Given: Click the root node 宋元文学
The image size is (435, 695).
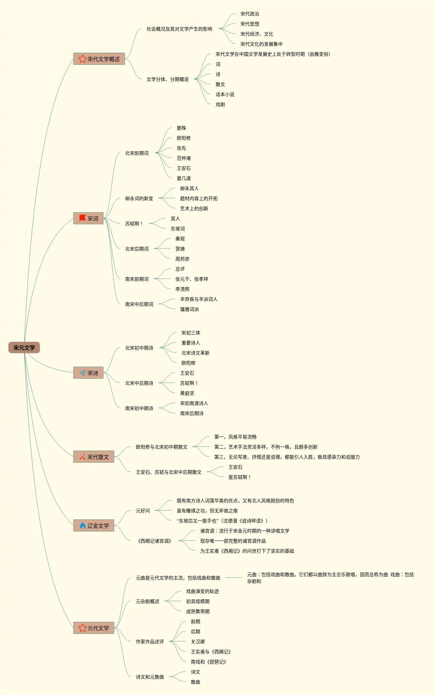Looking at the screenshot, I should (24, 347).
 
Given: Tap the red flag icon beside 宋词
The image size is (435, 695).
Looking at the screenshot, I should (82, 218).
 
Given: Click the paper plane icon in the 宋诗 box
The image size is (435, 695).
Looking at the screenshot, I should (83, 373).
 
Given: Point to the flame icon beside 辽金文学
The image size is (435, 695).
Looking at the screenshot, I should (83, 525).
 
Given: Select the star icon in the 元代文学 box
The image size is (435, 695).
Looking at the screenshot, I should (83, 628).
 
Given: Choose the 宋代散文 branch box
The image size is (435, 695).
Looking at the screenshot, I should (94, 457).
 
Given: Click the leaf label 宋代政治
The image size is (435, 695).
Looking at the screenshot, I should (250, 14).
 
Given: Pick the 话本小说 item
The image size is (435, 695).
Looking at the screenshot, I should (225, 94).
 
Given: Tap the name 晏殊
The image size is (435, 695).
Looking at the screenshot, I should (181, 128).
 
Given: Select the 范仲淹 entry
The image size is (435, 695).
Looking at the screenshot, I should (183, 158).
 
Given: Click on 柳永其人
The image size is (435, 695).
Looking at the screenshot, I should (189, 188).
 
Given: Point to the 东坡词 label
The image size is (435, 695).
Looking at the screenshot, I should (177, 229).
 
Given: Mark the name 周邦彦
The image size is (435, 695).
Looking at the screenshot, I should (182, 259).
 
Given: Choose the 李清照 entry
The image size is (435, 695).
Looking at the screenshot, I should (182, 289).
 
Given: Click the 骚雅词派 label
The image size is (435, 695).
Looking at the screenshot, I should (189, 309).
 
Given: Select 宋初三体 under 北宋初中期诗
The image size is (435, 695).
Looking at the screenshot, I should (191, 333).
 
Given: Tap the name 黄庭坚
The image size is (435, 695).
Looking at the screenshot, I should (187, 393).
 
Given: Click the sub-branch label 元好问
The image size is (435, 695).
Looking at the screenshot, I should (143, 511).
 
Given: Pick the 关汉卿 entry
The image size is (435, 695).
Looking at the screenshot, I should (198, 642).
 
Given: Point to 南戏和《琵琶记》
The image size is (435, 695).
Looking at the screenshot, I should (208, 662).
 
